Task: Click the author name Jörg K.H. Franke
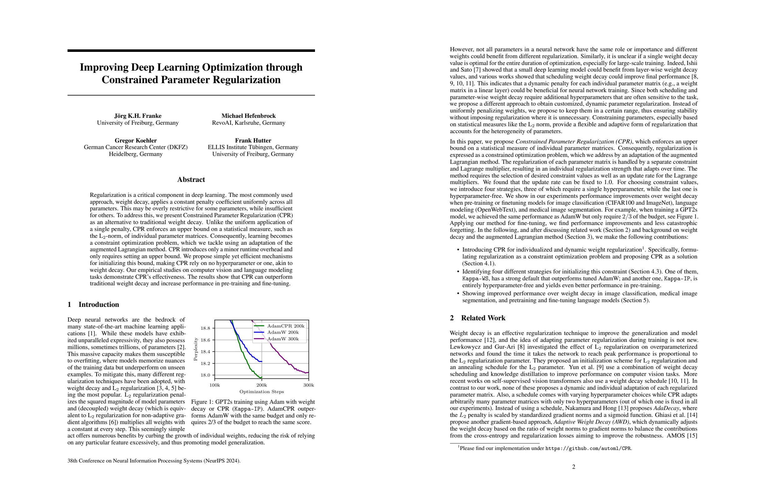point(137,116)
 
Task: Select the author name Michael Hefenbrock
point(248,116)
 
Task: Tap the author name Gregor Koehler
point(136,140)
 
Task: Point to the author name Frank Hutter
point(253,140)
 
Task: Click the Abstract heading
point(191,180)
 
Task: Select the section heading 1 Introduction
point(93,304)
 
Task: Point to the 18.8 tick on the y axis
point(205,328)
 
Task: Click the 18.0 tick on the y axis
point(205,375)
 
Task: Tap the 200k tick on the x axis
point(262,385)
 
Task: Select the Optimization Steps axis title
point(262,392)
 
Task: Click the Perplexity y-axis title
point(195,349)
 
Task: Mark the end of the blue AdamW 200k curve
point(262,362)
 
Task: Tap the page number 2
point(574,467)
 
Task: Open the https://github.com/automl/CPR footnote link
point(588,448)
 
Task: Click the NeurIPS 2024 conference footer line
point(154,461)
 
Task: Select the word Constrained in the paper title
point(130,80)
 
